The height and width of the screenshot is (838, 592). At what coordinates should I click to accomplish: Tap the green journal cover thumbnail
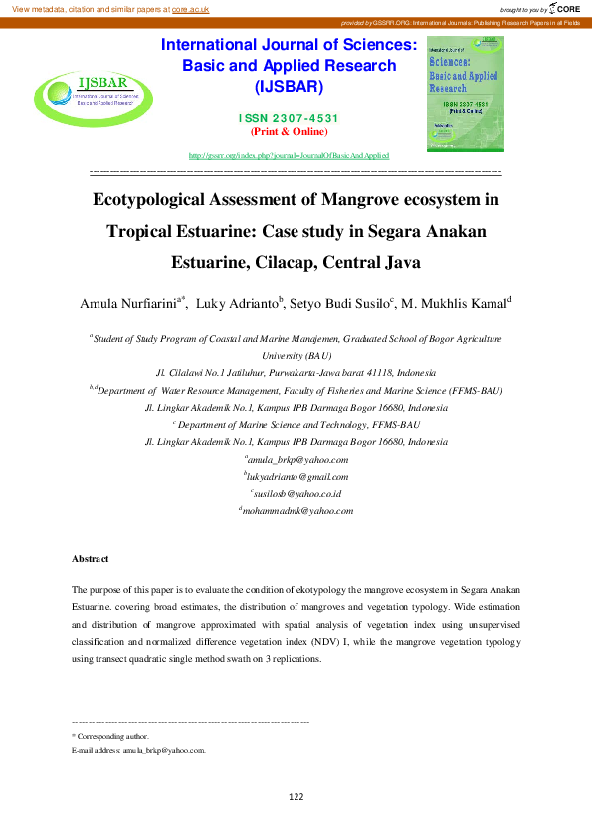pyautogui.click(x=464, y=95)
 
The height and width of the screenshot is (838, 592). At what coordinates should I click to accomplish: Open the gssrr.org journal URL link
pyautogui.click(x=289, y=155)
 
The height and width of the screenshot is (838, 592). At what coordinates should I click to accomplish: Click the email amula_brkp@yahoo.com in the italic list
pyautogui.click(x=297, y=460)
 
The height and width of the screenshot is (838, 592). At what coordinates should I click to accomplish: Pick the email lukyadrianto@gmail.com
pyautogui.click(x=297, y=477)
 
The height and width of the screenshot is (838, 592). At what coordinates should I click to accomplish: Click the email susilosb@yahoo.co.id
pyautogui.click(x=297, y=493)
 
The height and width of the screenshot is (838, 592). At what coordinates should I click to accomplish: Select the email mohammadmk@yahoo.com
pyautogui.click(x=297, y=510)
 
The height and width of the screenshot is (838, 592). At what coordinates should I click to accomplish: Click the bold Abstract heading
pyautogui.click(x=92, y=559)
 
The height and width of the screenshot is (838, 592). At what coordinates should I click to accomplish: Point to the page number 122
pyautogui.click(x=296, y=796)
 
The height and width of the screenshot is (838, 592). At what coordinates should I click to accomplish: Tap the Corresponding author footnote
pyautogui.click(x=109, y=736)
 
